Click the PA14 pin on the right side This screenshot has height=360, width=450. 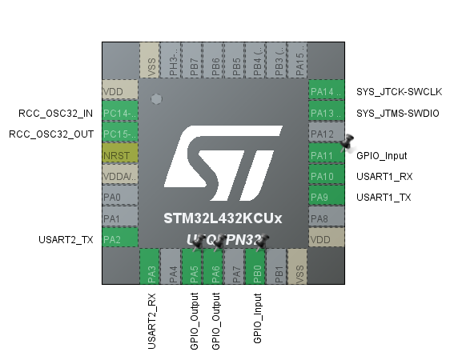point(326,92)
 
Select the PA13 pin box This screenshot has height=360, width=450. point(326,113)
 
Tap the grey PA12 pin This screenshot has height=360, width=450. point(326,134)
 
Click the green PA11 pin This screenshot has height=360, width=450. point(326,155)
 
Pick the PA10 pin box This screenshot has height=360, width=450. point(326,176)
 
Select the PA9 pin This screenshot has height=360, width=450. point(326,197)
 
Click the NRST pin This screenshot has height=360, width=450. point(120,154)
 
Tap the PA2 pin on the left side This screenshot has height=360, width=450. point(120,238)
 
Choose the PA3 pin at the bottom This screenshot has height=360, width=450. point(152,266)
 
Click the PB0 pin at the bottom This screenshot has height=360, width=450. point(257,266)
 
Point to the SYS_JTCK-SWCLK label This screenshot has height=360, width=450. point(399,92)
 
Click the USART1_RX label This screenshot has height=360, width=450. point(380,176)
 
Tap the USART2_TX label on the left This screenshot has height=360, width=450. point(66,238)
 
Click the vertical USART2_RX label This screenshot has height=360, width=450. point(152,320)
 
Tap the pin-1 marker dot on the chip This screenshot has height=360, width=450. point(157,100)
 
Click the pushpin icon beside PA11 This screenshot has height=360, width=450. point(347,143)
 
